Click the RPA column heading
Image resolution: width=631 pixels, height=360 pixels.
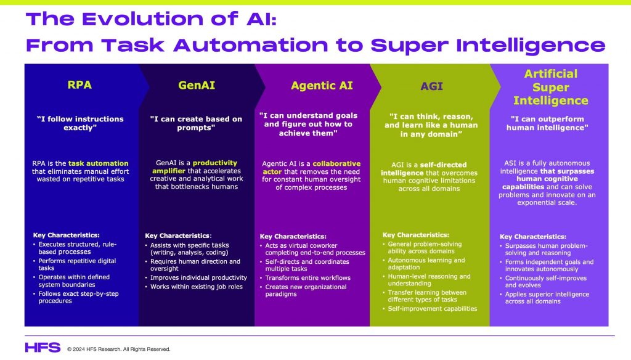(x=79, y=84)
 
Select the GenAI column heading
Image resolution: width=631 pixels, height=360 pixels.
(x=197, y=85)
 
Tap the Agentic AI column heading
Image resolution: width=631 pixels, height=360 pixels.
(x=322, y=85)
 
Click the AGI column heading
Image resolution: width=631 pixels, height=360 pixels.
(x=431, y=86)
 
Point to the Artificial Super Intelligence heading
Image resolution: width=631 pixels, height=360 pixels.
(x=550, y=87)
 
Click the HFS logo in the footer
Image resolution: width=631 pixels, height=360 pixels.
(x=43, y=348)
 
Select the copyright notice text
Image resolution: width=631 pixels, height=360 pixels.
(x=119, y=349)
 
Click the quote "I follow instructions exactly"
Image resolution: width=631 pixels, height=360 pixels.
(x=80, y=123)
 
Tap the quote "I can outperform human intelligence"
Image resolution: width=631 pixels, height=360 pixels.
(x=547, y=123)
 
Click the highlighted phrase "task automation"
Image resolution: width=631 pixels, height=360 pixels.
(x=98, y=163)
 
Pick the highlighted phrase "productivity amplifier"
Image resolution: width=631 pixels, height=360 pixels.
(x=195, y=166)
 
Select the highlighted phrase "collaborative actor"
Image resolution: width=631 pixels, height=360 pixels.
(x=312, y=168)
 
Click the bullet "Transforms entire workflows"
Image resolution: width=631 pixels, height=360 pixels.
(x=308, y=278)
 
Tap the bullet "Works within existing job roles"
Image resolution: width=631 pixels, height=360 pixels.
(x=197, y=287)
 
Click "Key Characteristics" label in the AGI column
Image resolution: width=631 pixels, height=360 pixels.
(x=416, y=235)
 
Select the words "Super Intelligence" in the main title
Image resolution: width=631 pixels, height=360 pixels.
(x=488, y=46)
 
